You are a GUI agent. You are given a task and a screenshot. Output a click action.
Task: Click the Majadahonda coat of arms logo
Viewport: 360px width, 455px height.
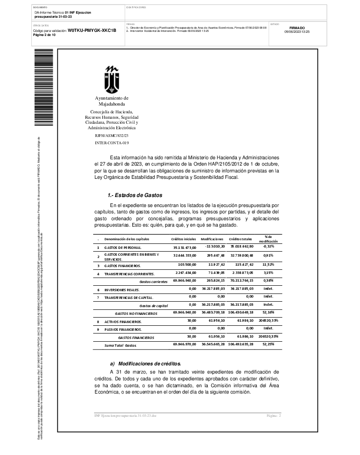(112, 79)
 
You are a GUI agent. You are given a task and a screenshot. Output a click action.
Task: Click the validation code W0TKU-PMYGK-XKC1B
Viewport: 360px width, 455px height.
(92, 30)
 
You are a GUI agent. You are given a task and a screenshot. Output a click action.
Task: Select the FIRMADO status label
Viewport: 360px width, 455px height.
(297, 28)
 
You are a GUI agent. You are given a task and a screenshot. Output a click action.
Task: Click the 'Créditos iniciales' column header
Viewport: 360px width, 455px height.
(184, 239)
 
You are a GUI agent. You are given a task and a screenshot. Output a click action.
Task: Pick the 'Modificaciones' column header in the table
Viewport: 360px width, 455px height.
(212, 239)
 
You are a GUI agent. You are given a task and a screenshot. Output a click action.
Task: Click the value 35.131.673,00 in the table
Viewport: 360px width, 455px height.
(185, 248)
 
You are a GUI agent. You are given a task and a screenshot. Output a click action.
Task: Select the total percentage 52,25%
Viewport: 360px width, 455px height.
(268, 345)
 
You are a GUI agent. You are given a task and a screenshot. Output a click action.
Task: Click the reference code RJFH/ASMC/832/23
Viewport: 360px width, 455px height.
(112, 136)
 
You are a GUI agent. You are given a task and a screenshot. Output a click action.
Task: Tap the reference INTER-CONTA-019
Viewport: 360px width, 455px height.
(112, 143)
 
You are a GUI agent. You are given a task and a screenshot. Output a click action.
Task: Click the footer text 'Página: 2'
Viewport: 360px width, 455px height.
(274, 416)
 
